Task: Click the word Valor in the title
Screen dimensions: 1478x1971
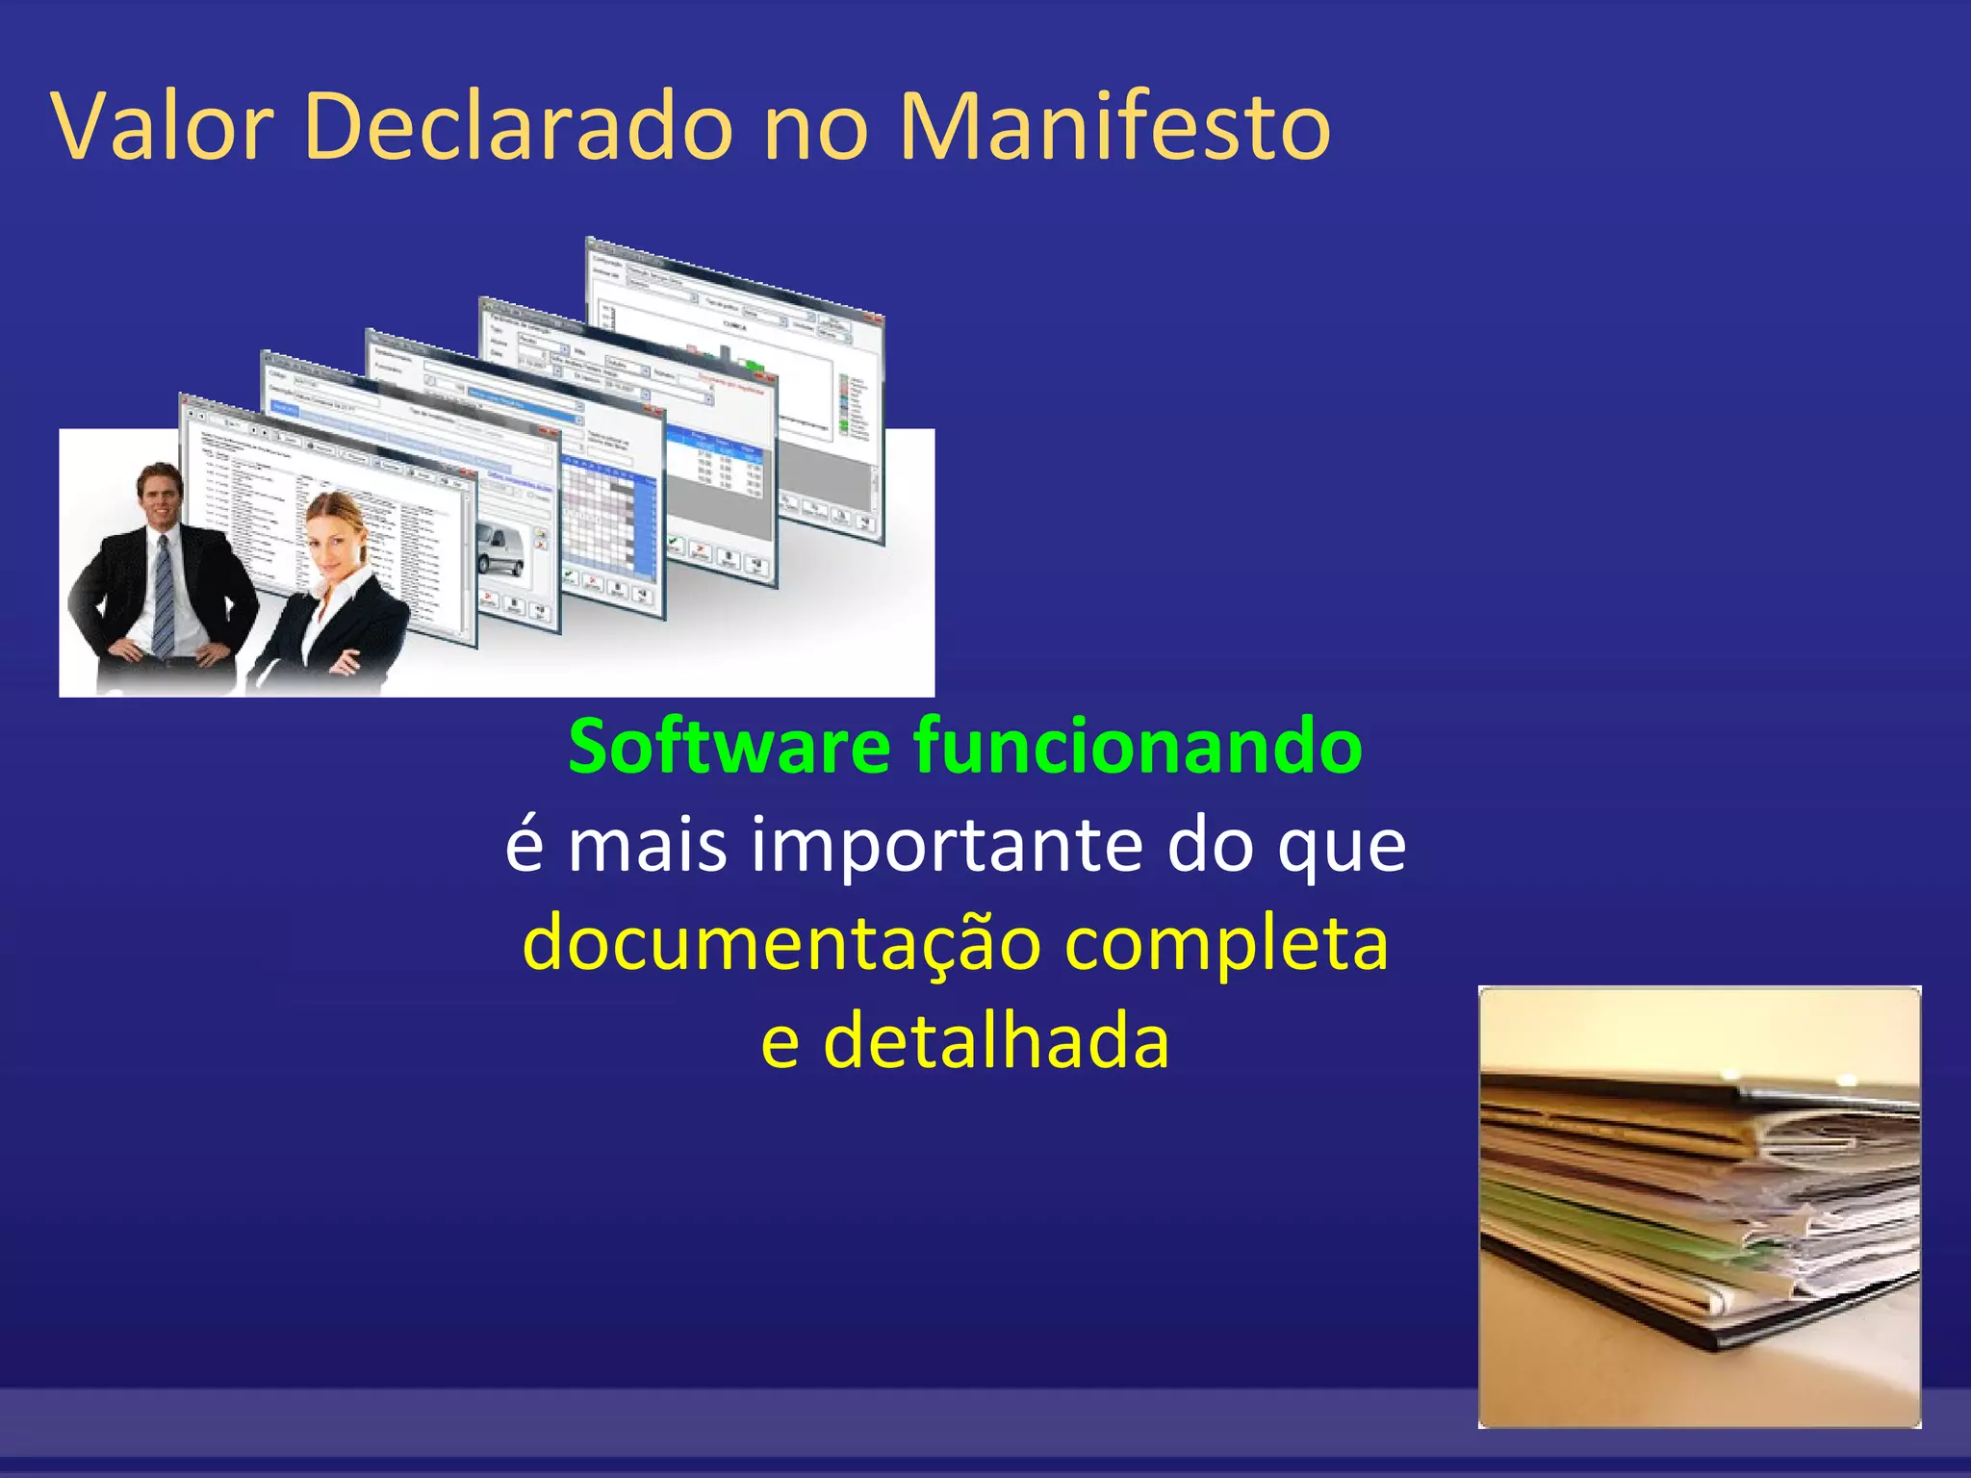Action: (164, 127)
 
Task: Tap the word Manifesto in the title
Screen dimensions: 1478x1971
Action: (1114, 127)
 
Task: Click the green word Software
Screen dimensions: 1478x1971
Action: (729, 748)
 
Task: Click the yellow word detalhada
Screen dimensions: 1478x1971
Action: (997, 1043)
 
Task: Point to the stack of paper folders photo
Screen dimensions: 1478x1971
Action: (1700, 1207)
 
